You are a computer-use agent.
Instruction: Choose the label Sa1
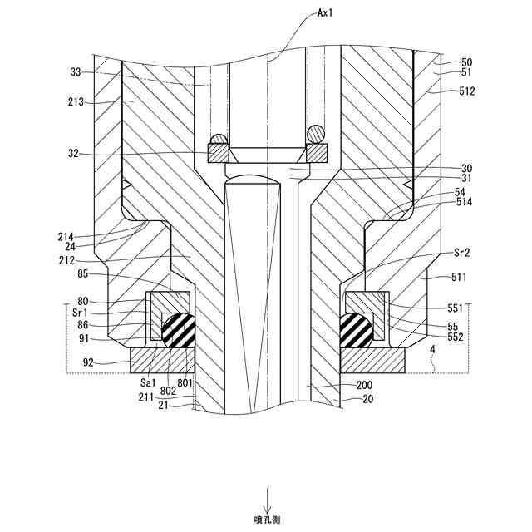click(x=148, y=382)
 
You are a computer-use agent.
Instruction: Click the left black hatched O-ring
click(x=177, y=330)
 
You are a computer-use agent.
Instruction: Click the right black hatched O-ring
click(x=355, y=330)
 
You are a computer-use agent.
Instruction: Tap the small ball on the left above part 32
click(x=219, y=138)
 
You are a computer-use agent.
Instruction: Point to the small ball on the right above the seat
click(x=315, y=132)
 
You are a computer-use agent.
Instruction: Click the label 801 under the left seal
click(x=189, y=382)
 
